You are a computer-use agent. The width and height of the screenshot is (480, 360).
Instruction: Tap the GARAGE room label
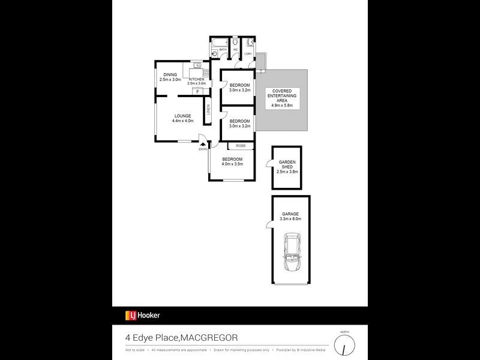tap(290, 214)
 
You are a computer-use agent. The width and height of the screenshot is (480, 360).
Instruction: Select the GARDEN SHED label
tap(286, 164)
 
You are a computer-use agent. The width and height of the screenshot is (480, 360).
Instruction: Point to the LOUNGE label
tap(182, 116)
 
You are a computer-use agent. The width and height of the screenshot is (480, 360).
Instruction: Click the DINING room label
tap(170, 74)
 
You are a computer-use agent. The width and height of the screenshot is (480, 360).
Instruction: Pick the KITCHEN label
tap(197, 79)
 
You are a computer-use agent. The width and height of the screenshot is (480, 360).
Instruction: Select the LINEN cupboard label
tap(207, 110)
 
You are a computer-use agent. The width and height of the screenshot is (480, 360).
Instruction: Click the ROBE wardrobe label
tap(240, 146)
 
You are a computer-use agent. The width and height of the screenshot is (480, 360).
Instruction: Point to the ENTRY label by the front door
tap(203, 149)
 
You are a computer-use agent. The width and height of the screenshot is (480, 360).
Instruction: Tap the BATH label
tap(223, 50)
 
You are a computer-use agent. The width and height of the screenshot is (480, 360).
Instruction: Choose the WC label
tap(235, 49)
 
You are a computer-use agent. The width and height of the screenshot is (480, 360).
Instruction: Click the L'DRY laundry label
tap(248, 54)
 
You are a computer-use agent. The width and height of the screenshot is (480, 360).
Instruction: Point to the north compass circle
tap(344, 347)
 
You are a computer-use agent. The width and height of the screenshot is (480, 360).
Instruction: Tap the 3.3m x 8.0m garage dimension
tap(290, 219)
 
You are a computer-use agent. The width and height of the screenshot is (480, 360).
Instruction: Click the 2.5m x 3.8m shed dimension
tap(286, 172)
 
